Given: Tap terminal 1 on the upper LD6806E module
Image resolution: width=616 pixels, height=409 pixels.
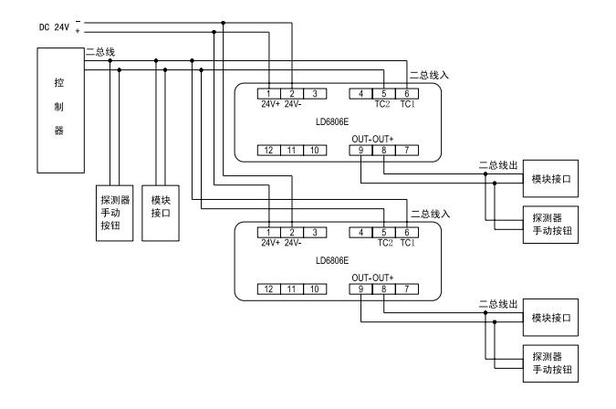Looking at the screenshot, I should (x=269, y=93).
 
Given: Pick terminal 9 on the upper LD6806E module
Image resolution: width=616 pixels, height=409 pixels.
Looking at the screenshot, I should (x=361, y=149).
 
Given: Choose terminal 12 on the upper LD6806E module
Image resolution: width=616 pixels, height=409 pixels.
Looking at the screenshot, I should (x=269, y=149).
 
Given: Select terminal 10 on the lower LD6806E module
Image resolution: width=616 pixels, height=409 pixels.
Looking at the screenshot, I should (x=312, y=288).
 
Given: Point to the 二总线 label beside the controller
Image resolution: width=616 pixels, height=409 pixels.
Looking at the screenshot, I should (x=99, y=52).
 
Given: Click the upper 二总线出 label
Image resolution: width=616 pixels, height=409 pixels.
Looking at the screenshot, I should (x=497, y=165).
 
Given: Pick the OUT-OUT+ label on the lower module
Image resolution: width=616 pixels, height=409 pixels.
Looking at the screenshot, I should (x=372, y=277).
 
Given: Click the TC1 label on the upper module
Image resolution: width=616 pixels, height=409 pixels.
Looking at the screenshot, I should (x=407, y=103).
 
